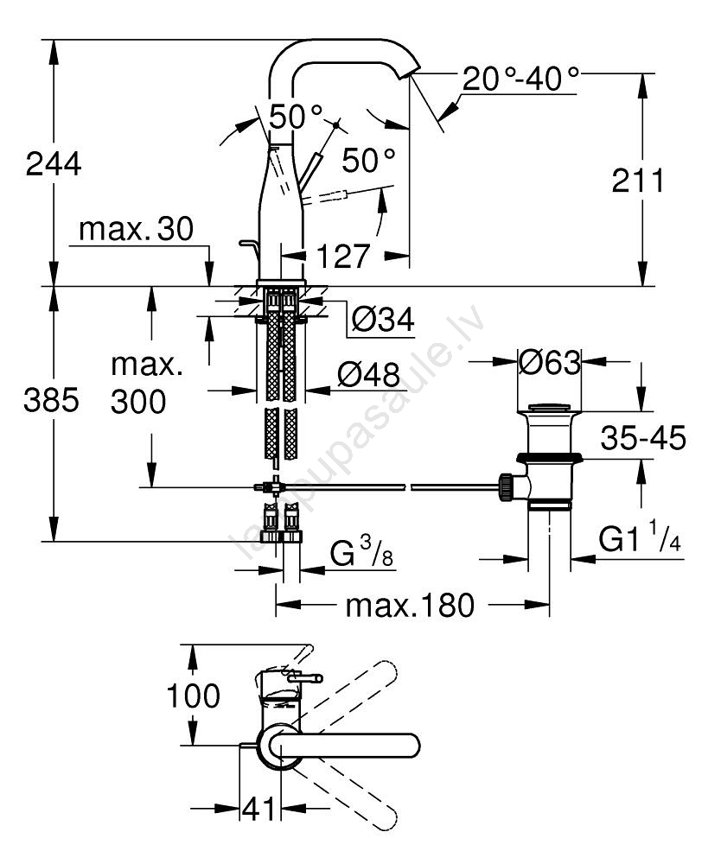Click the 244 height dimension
click(x=54, y=163)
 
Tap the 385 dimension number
click(x=54, y=400)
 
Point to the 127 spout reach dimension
click(x=341, y=256)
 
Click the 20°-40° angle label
click(x=520, y=79)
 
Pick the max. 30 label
click(x=136, y=230)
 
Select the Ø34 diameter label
click(x=382, y=321)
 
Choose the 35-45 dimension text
click(x=643, y=439)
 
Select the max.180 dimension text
click(x=411, y=606)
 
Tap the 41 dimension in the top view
click(x=258, y=810)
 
